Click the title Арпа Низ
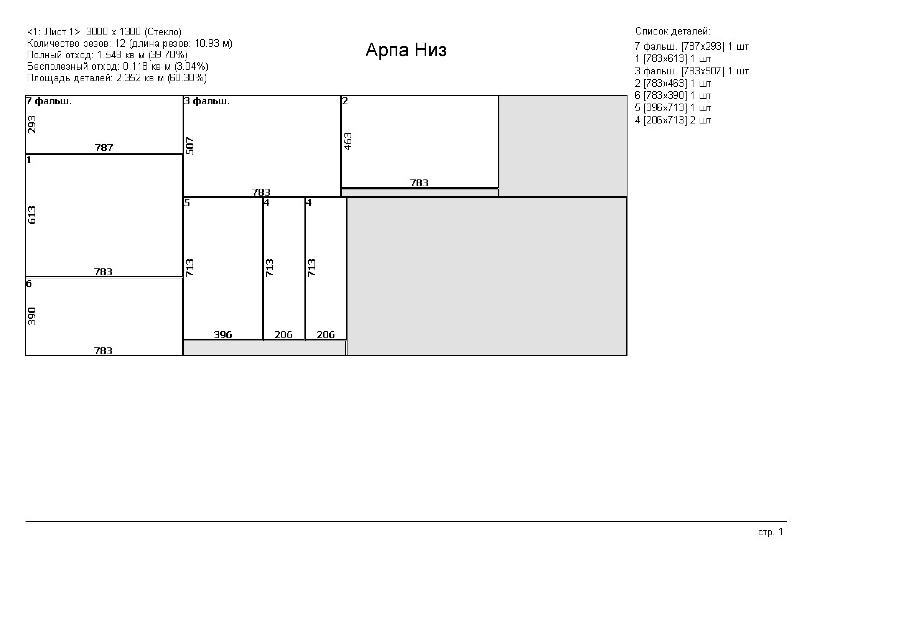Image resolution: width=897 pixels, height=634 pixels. (x=406, y=50)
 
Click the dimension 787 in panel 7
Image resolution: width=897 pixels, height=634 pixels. (x=104, y=148)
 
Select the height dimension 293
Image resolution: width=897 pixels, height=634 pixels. (x=32, y=124)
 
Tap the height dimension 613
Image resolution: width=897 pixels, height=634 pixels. (x=32, y=215)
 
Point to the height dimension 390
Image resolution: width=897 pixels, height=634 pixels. (x=32, y=316)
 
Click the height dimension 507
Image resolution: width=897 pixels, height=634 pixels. (x=190, y=146)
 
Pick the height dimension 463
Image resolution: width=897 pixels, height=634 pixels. (x=348, y=141)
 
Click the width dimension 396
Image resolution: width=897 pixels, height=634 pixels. (x=223, y=335)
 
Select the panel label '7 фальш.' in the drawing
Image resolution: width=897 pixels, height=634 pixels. (x=49, y=101)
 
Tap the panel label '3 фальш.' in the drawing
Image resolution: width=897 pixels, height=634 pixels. (x=207, y=101)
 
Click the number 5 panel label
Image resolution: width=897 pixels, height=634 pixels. (x=187, y=203)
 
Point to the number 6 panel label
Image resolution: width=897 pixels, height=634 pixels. (x=29, y=283)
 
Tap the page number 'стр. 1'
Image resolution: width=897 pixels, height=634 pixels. (x=771, y=532)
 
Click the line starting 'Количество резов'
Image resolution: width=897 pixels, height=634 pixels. (x=130, y=43)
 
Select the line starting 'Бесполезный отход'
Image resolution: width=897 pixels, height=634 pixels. (x=118, y=66)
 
